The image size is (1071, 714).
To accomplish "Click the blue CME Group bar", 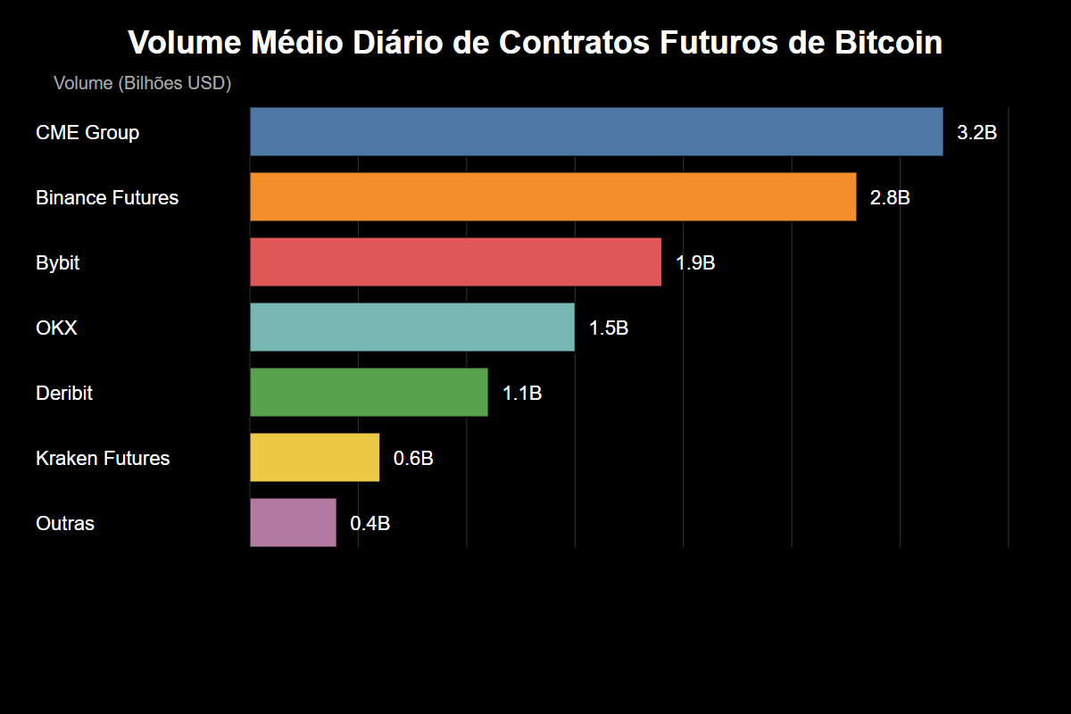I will point(596,132).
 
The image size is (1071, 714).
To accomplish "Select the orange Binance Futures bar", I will point(553,197).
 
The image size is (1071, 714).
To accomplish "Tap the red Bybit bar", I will point(455,262).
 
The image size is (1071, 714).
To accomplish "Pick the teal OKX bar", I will point(412,328).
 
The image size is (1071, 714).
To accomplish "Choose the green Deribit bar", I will point(369,393).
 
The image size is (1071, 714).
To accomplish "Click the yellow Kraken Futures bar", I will point(314,458).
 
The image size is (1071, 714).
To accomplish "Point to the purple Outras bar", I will point(293,523).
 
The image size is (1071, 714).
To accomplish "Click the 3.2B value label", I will point(976,133).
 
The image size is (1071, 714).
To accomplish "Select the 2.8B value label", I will point(890,198).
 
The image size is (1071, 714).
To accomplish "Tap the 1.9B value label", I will point(695,263).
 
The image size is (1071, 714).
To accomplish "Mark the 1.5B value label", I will point(609,328).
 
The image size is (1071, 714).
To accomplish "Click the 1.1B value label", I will point(522,394).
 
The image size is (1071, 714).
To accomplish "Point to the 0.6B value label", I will point(413,459).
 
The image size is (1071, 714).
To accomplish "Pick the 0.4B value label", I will point(369,524).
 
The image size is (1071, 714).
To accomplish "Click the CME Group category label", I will point(87,133).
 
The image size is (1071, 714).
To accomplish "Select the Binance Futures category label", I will point(107,198).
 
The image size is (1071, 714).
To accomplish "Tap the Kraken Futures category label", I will point(103,459).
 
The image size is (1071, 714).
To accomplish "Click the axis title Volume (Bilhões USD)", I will point(143,84).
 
